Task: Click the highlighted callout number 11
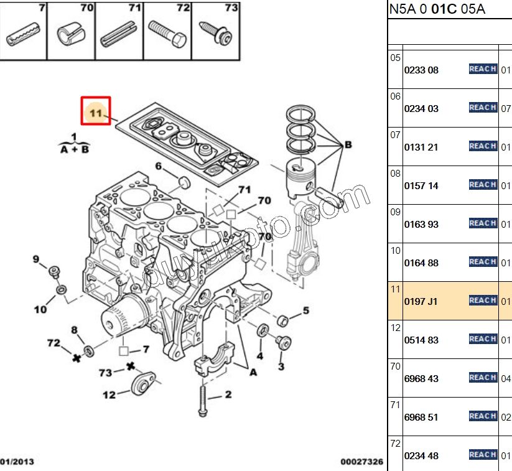point(95,113)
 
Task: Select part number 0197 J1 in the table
point(421,302)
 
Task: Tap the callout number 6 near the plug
point(159,166)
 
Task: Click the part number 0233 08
point(421,70)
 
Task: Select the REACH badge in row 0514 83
point(482,339)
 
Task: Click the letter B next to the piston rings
point(348,144)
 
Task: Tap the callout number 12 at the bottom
point(109,394)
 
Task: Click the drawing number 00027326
point(361,462)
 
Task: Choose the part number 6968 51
point(421,417)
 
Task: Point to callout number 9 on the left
point(36,259)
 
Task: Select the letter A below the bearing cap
point(253,372)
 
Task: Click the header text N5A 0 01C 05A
point(437,9)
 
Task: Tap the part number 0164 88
point(421,263)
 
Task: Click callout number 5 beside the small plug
point(305,310)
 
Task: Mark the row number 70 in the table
point(395,366)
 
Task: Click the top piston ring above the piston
point(301,114)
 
